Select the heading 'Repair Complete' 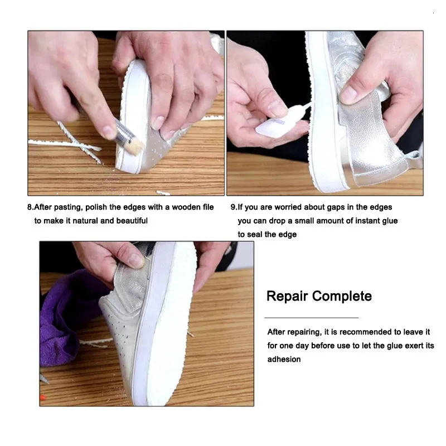pyautogui.click(x=319, y=295)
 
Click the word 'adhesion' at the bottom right pyautogui.click(x=284, y=360)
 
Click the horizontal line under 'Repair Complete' pyautogui.click(x=311, y=317)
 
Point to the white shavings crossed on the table pyautogui.click(x=78, y=143)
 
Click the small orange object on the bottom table pyautogui.click(x=42, y=398)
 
